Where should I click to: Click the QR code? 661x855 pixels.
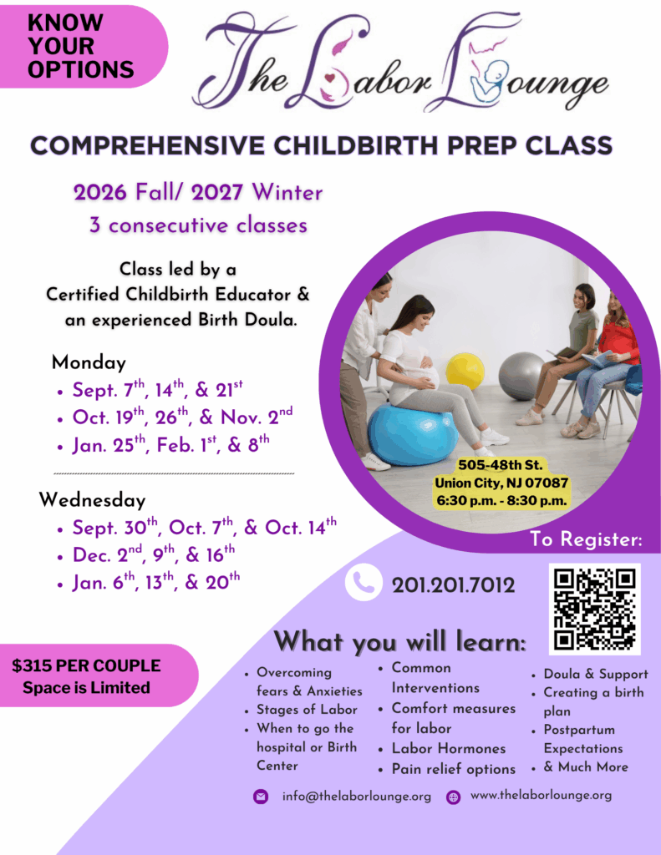(x=594, y=609)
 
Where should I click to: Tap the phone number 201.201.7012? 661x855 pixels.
(x=453, y=585)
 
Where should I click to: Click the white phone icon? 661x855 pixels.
(x=364, y=582)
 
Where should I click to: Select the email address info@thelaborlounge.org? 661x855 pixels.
(x=357, y=796)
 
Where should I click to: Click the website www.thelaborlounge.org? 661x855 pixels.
(x=541, y=796)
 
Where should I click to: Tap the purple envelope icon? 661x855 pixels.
(x=261, y=797)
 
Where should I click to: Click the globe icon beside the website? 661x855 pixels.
(x=453, y=797)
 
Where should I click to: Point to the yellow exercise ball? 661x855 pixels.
(x=465, y=371)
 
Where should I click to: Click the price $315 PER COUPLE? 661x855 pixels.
(x=86, y=665)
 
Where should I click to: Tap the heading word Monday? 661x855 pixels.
(x=89, y=362)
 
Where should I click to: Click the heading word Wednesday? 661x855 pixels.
(x=92, y=500)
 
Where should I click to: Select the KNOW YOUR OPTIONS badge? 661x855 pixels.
(x=82, y=47)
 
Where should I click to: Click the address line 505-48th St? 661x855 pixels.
(x=501, y=465)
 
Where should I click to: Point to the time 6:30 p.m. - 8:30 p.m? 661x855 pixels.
(x=501, y=501)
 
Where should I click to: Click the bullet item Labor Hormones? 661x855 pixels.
(x=449, y=749)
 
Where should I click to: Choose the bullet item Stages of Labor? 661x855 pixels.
(x=307, y=710)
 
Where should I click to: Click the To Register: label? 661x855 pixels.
(x=587, y=539)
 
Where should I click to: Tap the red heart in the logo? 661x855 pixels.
(x=330, y=78)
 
